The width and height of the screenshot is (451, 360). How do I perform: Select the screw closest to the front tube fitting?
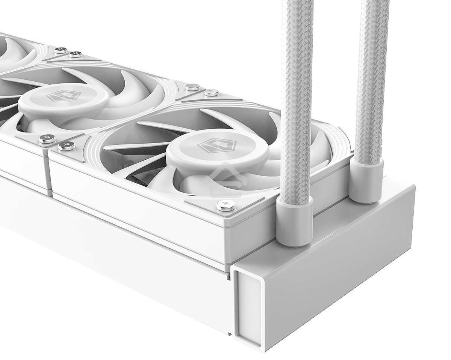pyautogui.click(x=225, y=205)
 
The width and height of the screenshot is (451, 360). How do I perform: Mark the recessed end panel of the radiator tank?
pyautogui.click(x=247, y=307)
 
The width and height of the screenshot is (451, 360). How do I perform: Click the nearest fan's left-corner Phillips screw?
pyautogui.click(x=66, y=146)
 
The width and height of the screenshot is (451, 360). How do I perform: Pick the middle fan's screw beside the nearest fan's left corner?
pyautogui.click(x=47, y=139)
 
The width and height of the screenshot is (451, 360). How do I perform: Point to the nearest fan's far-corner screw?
pyautogui.click(x=211, y=92)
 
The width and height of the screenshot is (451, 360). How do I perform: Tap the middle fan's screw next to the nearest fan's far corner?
pyautogui.click(x=192, y=87)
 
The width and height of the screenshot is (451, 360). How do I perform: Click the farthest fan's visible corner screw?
pyautogui.click(x=60, y=50)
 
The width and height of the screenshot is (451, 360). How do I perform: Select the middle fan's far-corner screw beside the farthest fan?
pyautogui.click(x=76, y=54)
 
